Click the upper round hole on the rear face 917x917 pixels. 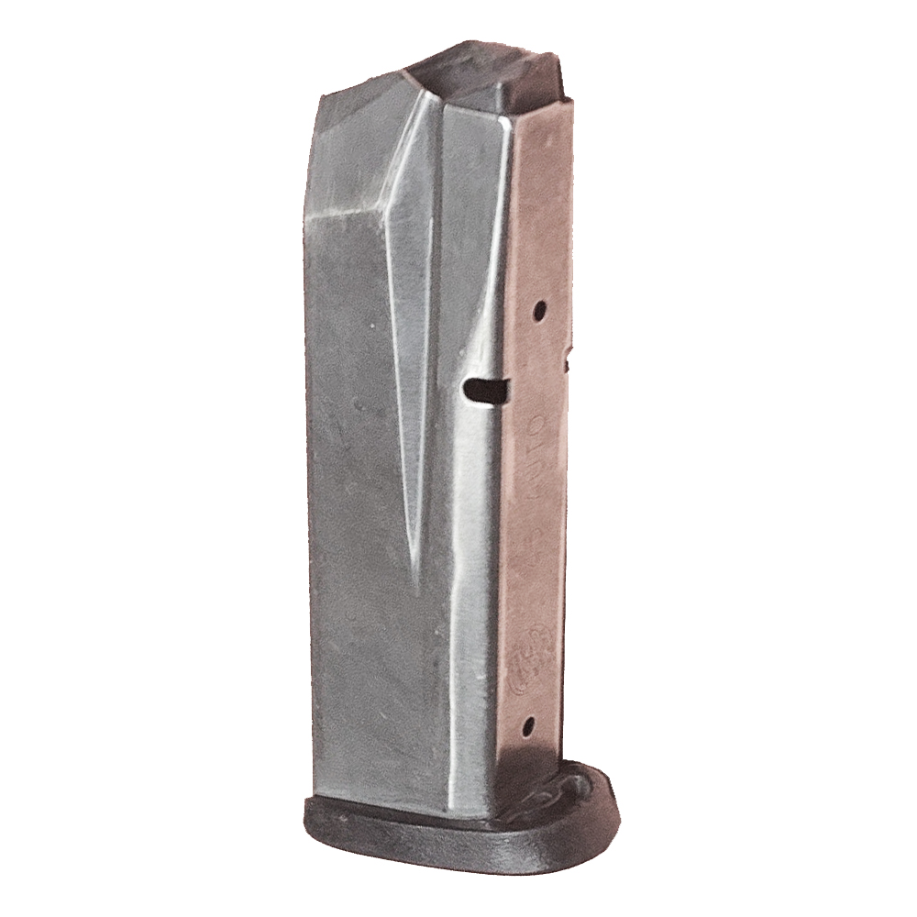point(540,308)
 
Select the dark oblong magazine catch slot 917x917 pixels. point(486,390)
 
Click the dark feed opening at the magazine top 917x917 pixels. point(486,78)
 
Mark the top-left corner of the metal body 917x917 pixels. point(322,94)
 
